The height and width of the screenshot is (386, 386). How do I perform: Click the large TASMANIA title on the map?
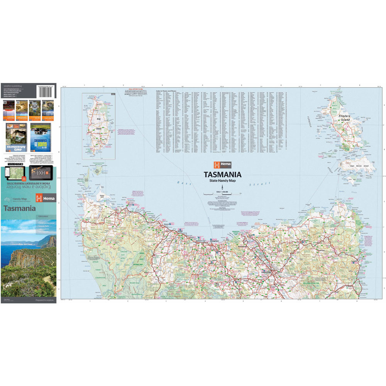coord(223,174)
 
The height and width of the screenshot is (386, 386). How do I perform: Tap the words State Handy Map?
coord(223,181)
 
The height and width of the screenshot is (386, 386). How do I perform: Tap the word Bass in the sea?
coord(181,182)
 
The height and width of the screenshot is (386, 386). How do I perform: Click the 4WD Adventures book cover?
coord(17,137)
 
